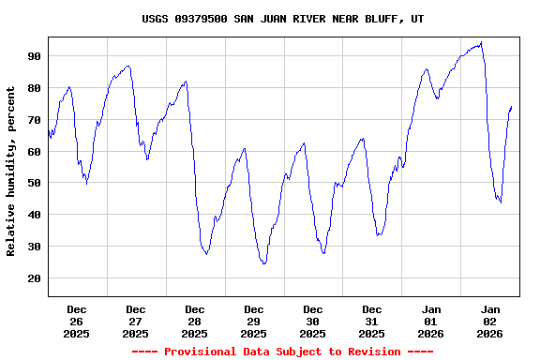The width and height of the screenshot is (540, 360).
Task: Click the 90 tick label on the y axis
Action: pyautogui.click(x=34, y=56)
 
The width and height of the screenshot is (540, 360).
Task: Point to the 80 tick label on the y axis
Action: pyautogui.click(x=34, y=88)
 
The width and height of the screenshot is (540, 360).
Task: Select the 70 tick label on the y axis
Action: pyautogui.click(x=34, y=120)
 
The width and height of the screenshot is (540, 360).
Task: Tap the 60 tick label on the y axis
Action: pyautogui.click(x=34, y=152)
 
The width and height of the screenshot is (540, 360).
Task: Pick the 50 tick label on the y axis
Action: pyautogui.click(x=34, y=184)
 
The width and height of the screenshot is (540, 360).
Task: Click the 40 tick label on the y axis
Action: pyautogui.click(x=34, y=215)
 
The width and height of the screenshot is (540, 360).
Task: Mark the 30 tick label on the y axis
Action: pyautogui.click(x=34, y=247)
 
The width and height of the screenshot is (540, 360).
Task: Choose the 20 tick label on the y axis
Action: pyautogui.click(x=34, y=278)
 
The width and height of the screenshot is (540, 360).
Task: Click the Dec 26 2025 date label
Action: pyautogui.click(x=77, y=321)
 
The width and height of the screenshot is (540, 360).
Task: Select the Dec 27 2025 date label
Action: pyautogui.click(x=136, y=321)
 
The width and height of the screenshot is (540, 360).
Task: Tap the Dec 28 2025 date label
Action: pyautogui.click(x=195, y=321)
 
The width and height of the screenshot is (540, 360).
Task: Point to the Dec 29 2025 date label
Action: pyautogui.click(x=254, y=321)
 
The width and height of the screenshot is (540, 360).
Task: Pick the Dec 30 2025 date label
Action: pyautogui.click(x=313, y=321)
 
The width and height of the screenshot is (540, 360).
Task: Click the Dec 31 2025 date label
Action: pyautogui.click(x=372, y=321)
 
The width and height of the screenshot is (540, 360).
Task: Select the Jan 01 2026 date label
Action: pyautogui.click(x=431, y=321)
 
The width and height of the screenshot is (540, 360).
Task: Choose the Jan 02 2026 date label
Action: pyautogui.click(x=490, y=321)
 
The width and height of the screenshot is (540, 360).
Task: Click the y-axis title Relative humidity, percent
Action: pyautogui.click(x=11, y=171)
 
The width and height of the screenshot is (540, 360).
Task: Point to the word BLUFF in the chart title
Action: pyautogui.click(x=381, y=19)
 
